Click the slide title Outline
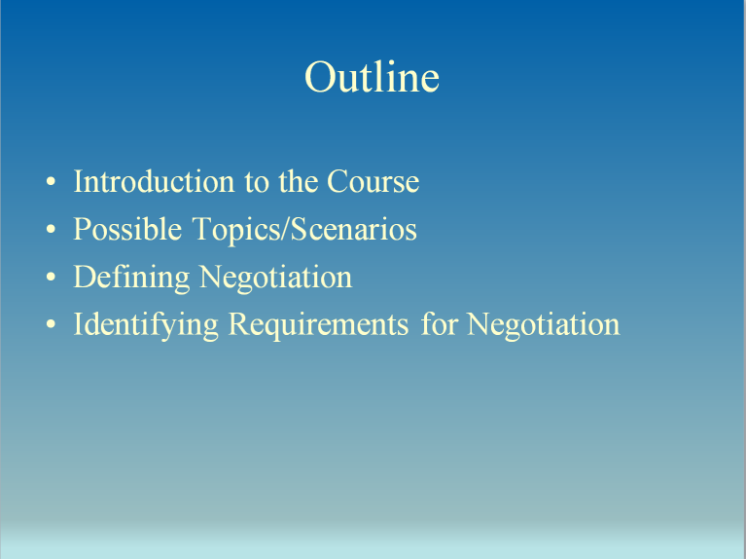[x=372, y=77]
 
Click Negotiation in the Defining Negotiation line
[x=275, y=279]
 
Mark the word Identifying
[x=146, y=325]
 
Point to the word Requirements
[x=318, y=325]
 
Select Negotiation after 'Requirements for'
[x=543, y=324]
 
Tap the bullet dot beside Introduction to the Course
[x=51, y=183]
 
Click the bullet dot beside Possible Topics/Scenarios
[x=51, y=231]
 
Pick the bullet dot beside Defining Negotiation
[x=51, y=279]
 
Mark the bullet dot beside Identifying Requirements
[x=51, y=325]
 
